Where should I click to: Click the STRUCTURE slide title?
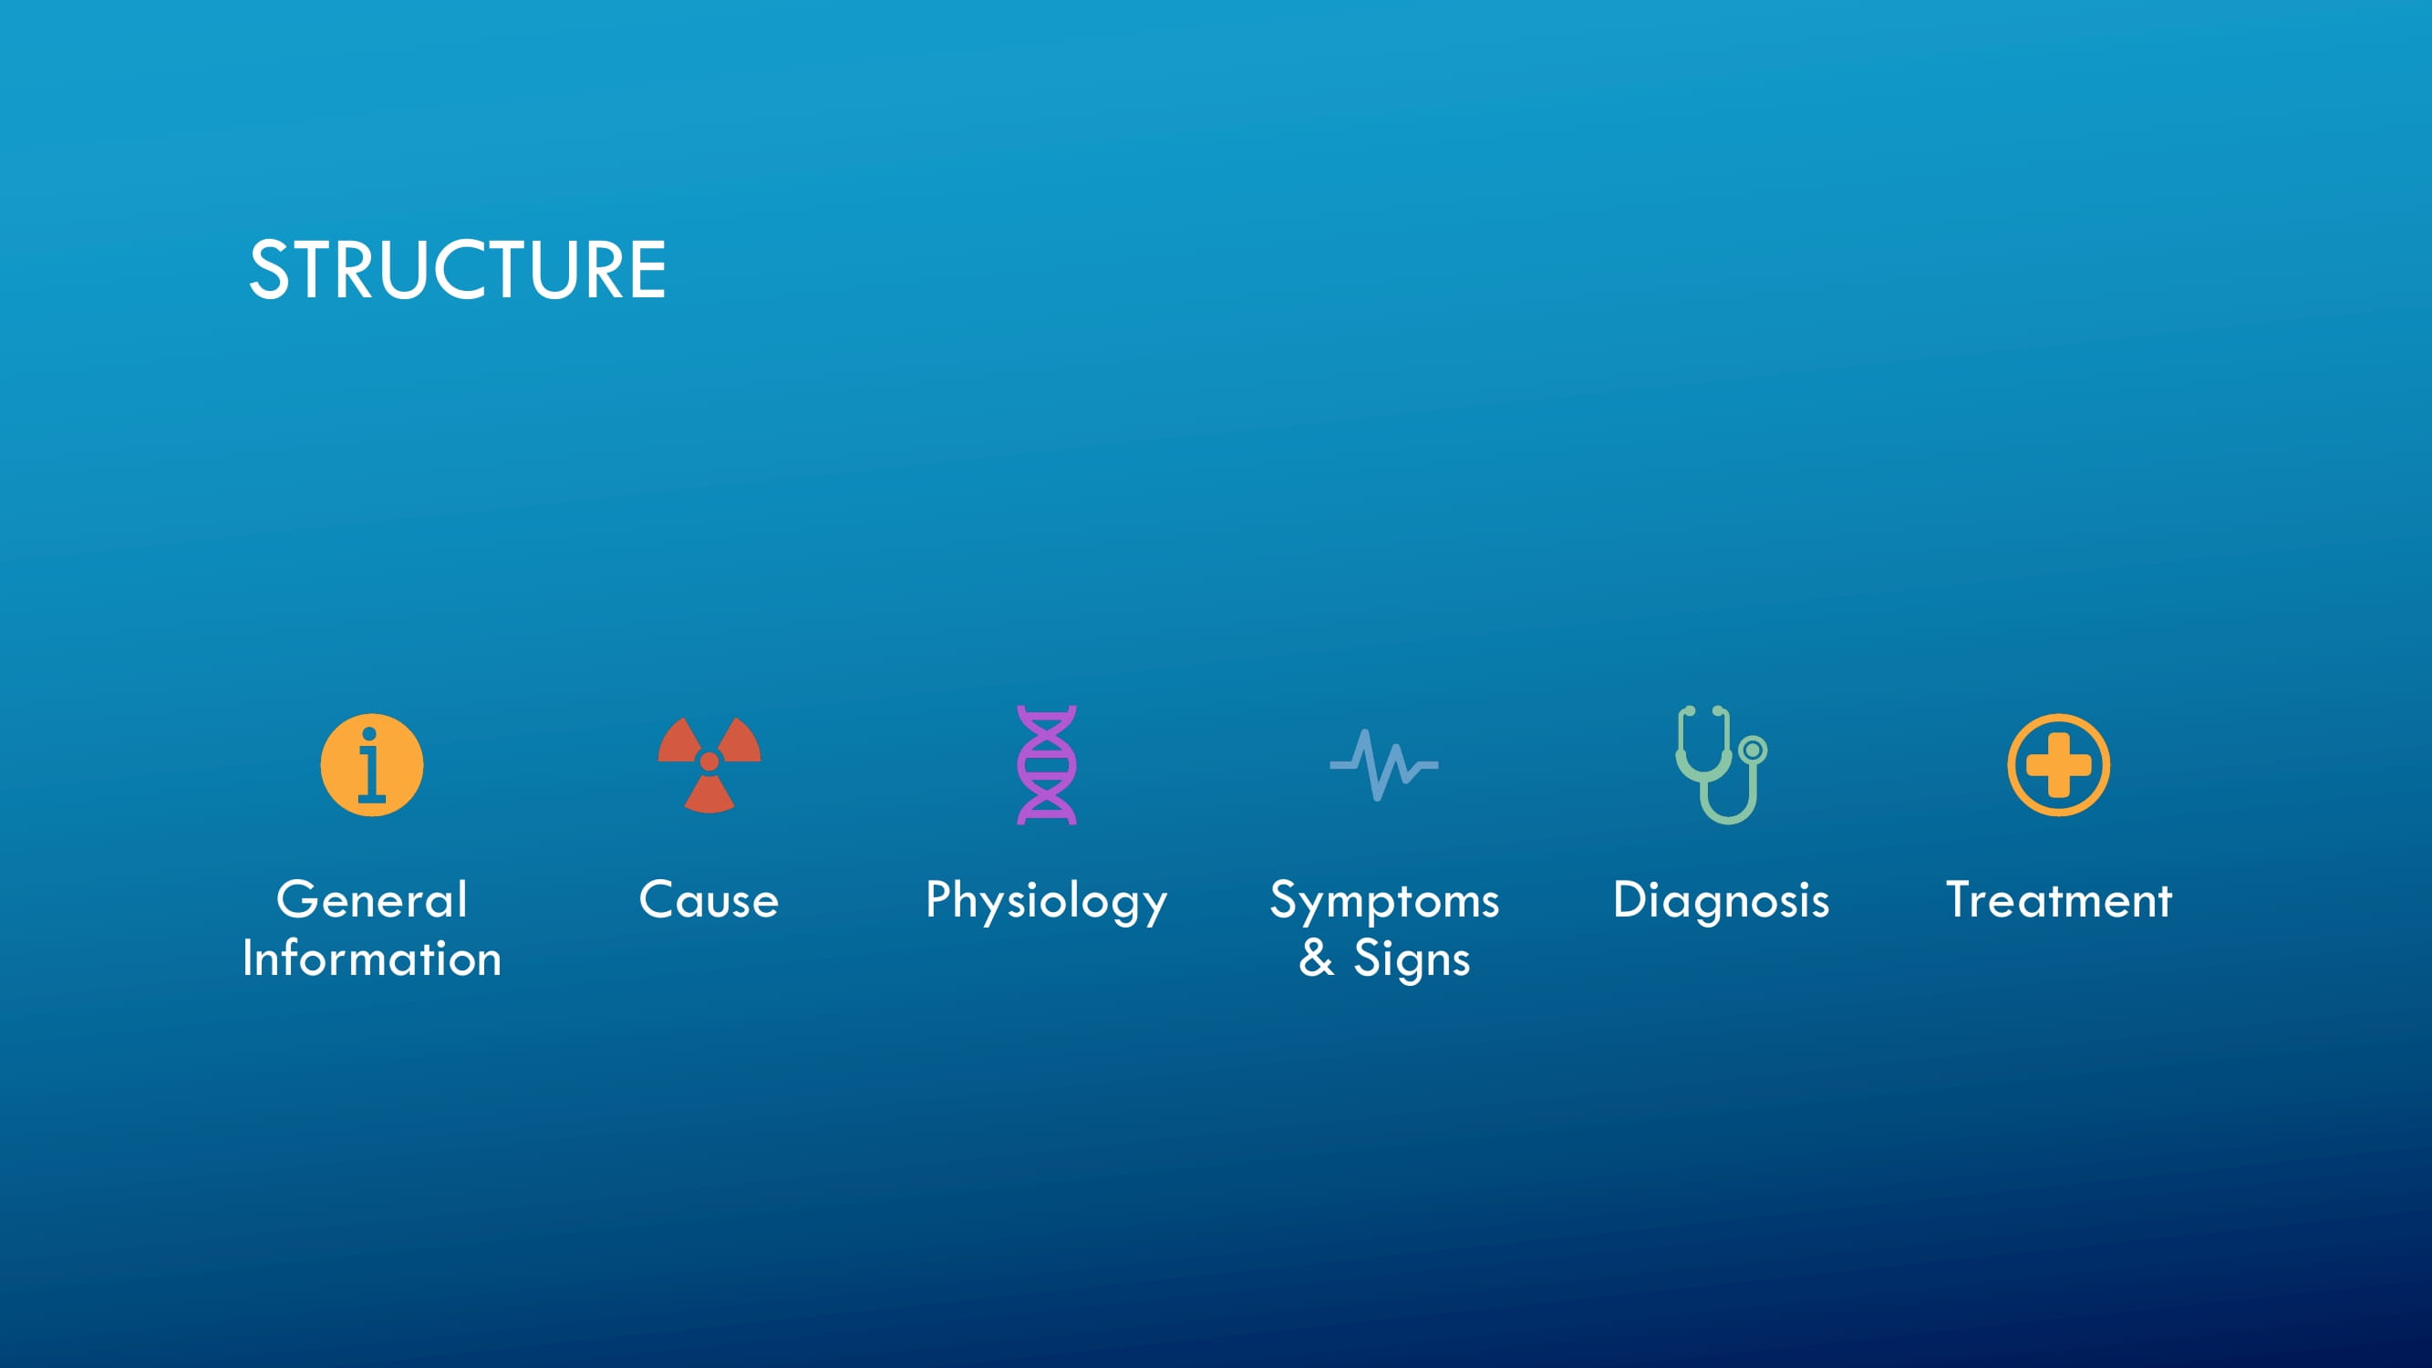pyautogui.click(x=457, y=270)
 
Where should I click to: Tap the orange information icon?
pyautogui.click(x=372, y=765)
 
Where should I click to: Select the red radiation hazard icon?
pyautogui.click(x=709, y=765)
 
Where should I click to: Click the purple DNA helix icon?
pyautogui.click(x=1046, y=765)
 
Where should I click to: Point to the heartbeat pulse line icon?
pyautogui.click(x=1384, y=765)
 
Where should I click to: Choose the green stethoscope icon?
pyautogui.click(x=1721, y=765)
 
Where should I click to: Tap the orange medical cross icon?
pyautogui.click(x=2058, y=765)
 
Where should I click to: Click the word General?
pyautogui.click(x=372, y=899)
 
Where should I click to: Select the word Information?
pyautogui.click(x=372, y=959)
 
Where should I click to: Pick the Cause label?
pyautogui.click(x=709, y=899)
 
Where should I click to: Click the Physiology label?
pyautogui.click(x=1046, y=903)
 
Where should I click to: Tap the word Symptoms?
pyautogui.click(x=1384, y=903)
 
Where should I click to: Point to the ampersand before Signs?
pyautogui.click(x=1316, y=959)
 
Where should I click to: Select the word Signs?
pyautogui.click(x=1412, y=961)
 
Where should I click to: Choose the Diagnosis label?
pyautogui.click(x=1721, y=903)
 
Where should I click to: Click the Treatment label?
pyautogui.click(x=2058, y=899)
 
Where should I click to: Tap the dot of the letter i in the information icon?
pyautogui.click(x=369, y=733)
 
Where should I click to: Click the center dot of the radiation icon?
pyautogui.click(x=709, y=761)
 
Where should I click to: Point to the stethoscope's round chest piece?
pyautogui.click(x=1754, y=750)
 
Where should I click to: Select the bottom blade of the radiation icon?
pyautogui.click(x=709, y=795)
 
